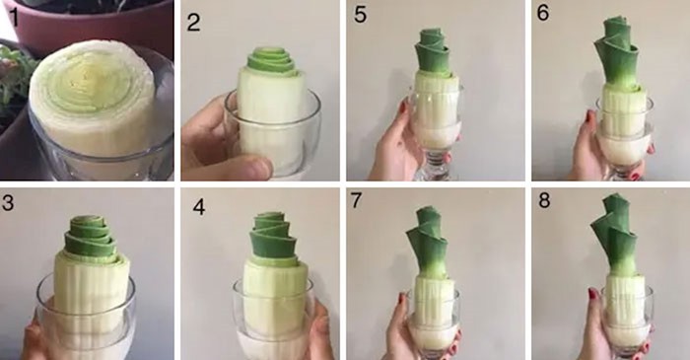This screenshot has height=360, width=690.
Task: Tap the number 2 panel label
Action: (193, 22)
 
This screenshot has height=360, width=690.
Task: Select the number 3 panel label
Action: (8, 203)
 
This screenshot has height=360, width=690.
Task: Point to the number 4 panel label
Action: (199, 207)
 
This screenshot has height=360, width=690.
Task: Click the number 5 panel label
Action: (360, 15)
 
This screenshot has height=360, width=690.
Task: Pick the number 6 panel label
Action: (543, 13)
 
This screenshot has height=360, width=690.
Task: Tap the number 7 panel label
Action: (356, 200)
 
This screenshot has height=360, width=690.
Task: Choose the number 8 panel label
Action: (544, 200)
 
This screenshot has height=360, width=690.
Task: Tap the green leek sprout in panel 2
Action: (271, 62)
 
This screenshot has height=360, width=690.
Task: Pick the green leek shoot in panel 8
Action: (615, 236)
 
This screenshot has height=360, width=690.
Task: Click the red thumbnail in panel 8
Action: (592, 293)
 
